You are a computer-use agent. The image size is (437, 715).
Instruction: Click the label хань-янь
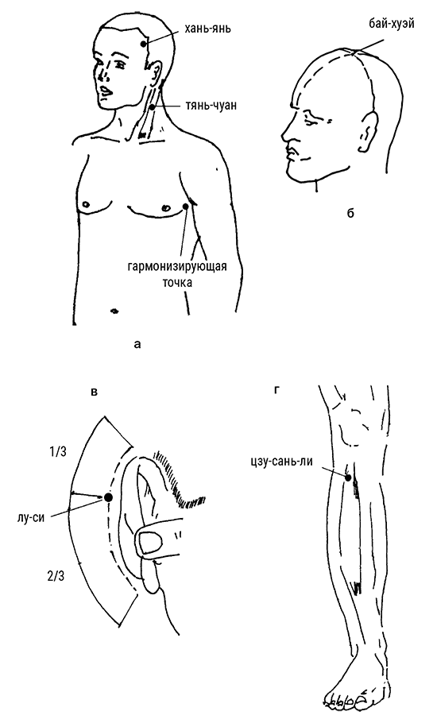click(x=207, y=29)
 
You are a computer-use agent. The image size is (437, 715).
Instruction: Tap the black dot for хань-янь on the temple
click(x=144, y=44)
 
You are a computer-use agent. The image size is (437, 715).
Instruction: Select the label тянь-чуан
click(x=211, y=106)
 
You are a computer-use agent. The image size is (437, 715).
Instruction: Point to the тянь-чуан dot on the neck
click(x=153, y=107)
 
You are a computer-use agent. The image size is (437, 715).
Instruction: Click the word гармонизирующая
click(x=177, y=266)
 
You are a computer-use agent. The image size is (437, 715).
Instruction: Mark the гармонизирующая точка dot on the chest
click(x=186, y=206)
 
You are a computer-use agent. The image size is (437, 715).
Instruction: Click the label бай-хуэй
click(x=392, y=24)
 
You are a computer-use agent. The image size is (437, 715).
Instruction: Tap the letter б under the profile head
click(x=350, y=212)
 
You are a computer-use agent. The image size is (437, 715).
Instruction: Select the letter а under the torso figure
click(x=138, y=344)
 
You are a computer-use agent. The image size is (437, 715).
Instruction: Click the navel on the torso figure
click(x=114, y=311)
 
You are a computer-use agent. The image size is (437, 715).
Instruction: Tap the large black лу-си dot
click(x=108, y=497)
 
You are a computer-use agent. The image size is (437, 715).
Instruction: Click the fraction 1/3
click(x=58, y=451)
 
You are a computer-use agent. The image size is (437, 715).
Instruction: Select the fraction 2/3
click(x=55, y=577)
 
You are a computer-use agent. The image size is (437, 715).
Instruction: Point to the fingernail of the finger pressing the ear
click(x=150, y=543)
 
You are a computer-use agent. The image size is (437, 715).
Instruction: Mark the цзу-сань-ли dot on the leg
click(x=348, y=478)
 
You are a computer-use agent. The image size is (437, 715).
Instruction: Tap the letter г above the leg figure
click(x=277, y=390)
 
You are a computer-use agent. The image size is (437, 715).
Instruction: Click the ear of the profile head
click(x=368, y=129)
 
